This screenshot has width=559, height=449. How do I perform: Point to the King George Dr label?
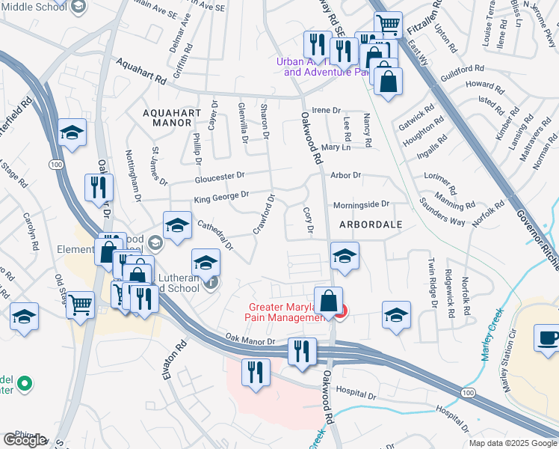pyautogui.click(x=220, y=196)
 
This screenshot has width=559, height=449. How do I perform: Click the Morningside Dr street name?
pyautogui.click(x=361, y=204)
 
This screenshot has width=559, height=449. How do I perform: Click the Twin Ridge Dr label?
pyautogui.click(x=432, y=283)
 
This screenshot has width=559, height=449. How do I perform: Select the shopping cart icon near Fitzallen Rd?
pyautogui.click(x=388, y=25)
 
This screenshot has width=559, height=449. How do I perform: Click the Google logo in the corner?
pyautogui.click(x=25, y=440)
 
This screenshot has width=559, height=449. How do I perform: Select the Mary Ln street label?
pyautogui.click(x=336, y=147)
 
